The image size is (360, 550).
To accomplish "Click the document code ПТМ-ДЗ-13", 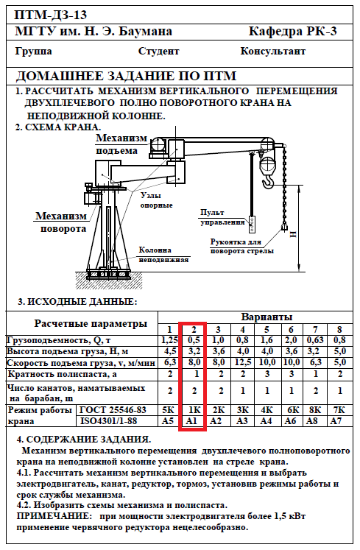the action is click(x=51, y=15).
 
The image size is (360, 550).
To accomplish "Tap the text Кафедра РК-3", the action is click(x=292, y=32).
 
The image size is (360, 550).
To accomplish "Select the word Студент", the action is click(x=158, y=52).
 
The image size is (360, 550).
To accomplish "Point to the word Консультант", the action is click(x=272, y=52).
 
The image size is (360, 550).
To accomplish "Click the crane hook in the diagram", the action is click(x=268, y=181).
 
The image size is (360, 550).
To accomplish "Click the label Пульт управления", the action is click(x=222, y=217).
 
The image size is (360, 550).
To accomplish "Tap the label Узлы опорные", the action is click(x=157, y=200).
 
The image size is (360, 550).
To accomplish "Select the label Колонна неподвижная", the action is click(x=164, y=255).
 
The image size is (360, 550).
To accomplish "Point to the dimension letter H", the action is click(x=293, y=234).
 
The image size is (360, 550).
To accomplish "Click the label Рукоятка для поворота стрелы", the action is click(x=242, y=246).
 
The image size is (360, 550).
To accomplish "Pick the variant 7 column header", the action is click(x=315, y=330).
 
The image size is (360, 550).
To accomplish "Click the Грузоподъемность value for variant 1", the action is click(x=170, y=340).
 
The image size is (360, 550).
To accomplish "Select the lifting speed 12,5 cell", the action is click(x=243, y=362).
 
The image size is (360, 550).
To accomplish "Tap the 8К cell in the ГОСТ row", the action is click(x=315, y=409).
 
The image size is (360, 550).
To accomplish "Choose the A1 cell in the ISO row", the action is click(x=191, y=421).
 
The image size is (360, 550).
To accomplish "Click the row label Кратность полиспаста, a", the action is click(x=62, y=374).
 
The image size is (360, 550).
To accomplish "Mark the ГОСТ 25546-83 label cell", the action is click(x=113, y=410).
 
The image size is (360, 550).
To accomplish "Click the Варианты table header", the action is click(x=267, y=317).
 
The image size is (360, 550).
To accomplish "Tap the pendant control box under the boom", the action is click(x=253, y=223).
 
